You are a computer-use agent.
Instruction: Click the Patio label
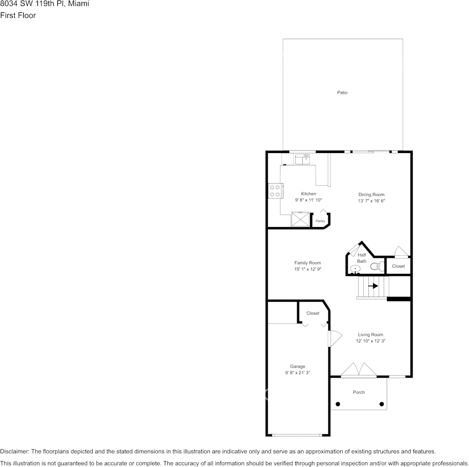pyautogui.click(x=342, y=92)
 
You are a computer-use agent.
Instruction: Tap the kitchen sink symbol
pyautogui.click(x=302, y=159)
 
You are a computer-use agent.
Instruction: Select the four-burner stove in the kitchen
pyautogui.click(x=275, y=191)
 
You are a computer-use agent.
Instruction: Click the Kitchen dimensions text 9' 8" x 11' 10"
pyautogui.click(x=308, y=200)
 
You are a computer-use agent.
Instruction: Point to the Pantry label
pyautogui.click(x=320, y=221)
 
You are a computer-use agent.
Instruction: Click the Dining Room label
pyautogui.click(x=371, y=195)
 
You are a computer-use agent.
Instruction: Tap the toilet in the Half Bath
pyautogui.click(x=376, y=267)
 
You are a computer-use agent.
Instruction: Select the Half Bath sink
pyautogui.click(x=355, y=269)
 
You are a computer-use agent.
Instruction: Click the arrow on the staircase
pyautogui.click(x=373, y=286)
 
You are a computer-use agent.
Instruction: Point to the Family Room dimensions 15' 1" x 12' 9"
pyautogui.click(x=308, y=269)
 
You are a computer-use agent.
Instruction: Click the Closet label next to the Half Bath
pyautogui.click(x=398, y=266)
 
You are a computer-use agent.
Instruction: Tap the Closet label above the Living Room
pyautogui.click(x=313, y=313)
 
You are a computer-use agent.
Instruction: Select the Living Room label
pyautogui.click(x=370, y=335)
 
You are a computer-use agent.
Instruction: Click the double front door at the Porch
pyautogui.click(x=359, y=371)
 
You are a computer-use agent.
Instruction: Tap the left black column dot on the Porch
pyautogui.click(x=338, y=404)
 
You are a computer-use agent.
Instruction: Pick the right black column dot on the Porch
pyautogui.click(x=382, y=404)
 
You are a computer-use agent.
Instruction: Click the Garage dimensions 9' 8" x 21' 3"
pyautogui.click(x=298, y=373)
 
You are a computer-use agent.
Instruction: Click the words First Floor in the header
pyautogui.click(x=18, y=15)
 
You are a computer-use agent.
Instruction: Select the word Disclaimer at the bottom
pyautogui.click(x=14, y=451)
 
